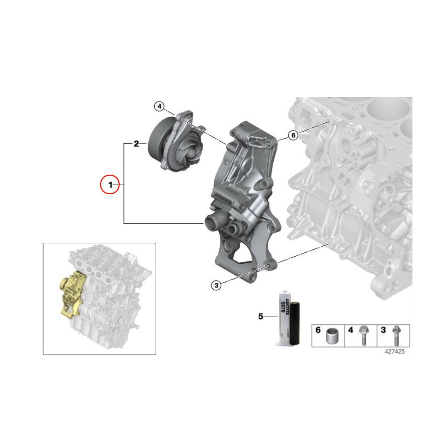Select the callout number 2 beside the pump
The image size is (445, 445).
click(136, 144)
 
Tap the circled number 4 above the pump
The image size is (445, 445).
click(158, 107)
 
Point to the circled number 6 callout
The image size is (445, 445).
click(293, 135)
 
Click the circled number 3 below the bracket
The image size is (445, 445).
click(215, 285)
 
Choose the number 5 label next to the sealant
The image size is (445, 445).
click(260, 316)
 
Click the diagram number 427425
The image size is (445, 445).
click(394, 351)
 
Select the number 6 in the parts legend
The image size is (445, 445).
click(317, 330)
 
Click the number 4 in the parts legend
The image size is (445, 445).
click(350, 330)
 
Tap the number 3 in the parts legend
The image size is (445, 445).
click(383, 330)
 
